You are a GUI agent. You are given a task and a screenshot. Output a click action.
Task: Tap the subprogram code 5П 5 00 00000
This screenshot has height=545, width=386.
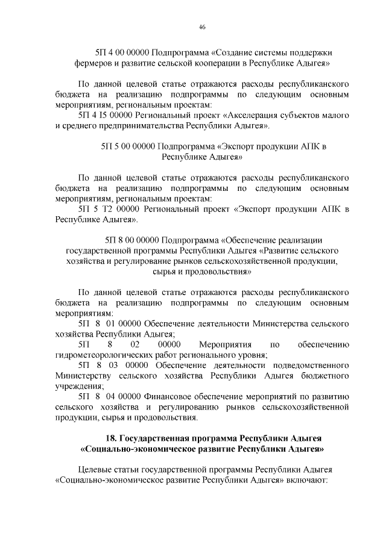(x=128, y=146)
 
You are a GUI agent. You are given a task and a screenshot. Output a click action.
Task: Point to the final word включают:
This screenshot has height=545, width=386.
(x=307, y=481)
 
